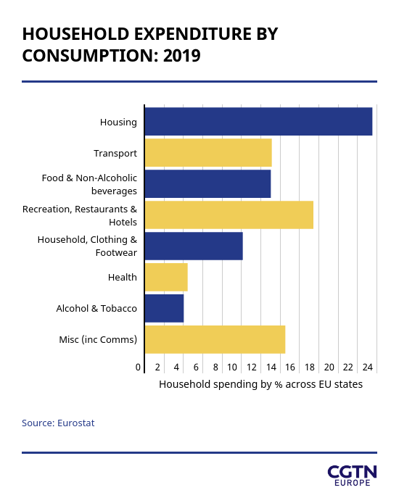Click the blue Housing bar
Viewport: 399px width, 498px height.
tap(258, 121)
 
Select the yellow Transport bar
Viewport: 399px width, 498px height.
tap(208, 152)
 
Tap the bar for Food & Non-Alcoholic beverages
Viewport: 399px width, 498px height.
tap(208, 183)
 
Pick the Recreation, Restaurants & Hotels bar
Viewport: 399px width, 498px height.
tap(229, 215)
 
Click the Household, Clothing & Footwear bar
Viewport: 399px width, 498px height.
tap(194, 246)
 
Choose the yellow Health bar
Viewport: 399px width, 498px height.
tap(166, 277)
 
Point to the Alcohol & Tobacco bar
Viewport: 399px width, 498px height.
tap(165, 308)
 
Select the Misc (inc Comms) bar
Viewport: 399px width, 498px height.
tap(215, 339)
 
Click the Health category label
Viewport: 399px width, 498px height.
tap(123, 277)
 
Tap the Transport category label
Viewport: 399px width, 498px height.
tap(115, 154)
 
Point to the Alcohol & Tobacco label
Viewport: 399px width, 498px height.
tap(96, 308)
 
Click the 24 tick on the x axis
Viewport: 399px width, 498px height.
tap(368, 367)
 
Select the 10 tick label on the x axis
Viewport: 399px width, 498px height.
tap(232, 367)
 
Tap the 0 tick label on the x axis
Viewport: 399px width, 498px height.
tap(138, 367)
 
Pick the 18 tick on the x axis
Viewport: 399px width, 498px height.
tap(310, 367)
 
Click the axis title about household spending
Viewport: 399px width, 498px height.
tap(260, 384)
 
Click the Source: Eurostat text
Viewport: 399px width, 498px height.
tap(58, 423)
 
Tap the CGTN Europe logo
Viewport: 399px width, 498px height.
tap(353, 476)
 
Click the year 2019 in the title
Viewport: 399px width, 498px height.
tap(182, 56)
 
